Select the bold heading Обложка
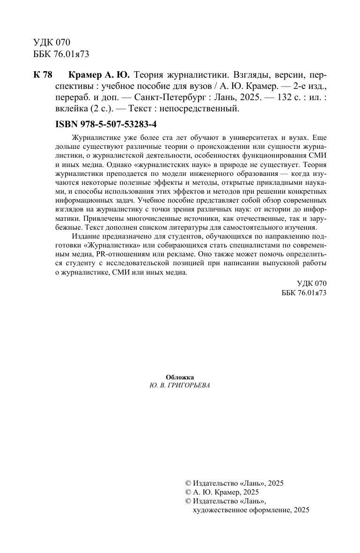coord(180,377)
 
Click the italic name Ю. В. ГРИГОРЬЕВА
coord(180,386)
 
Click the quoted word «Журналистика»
coord(113,247)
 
